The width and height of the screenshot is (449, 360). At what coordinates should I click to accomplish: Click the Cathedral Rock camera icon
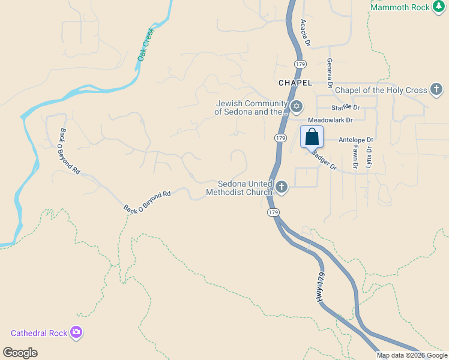coord(76,332)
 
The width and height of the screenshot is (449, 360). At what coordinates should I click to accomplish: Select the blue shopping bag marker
coord(312,137)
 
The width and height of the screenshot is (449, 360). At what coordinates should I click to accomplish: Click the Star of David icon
coord(296,107)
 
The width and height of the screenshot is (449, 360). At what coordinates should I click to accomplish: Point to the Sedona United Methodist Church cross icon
coord(282,187)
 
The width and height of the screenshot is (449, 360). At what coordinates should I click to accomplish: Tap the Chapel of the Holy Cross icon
coord(436,90)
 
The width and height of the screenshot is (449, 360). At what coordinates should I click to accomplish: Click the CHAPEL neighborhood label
coord(295,82)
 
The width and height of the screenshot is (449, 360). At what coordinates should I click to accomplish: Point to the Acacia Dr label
coord(306,33)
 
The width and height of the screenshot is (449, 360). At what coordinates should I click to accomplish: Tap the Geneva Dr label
coord(330,71)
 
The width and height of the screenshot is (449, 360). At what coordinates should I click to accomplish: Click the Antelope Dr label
coord(356,140)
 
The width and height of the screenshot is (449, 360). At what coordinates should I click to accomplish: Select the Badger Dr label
coord(324,159)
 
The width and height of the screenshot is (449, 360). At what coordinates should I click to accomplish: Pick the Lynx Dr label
coord(369,157)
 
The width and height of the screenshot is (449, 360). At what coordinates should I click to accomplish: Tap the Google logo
coord(20,353)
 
